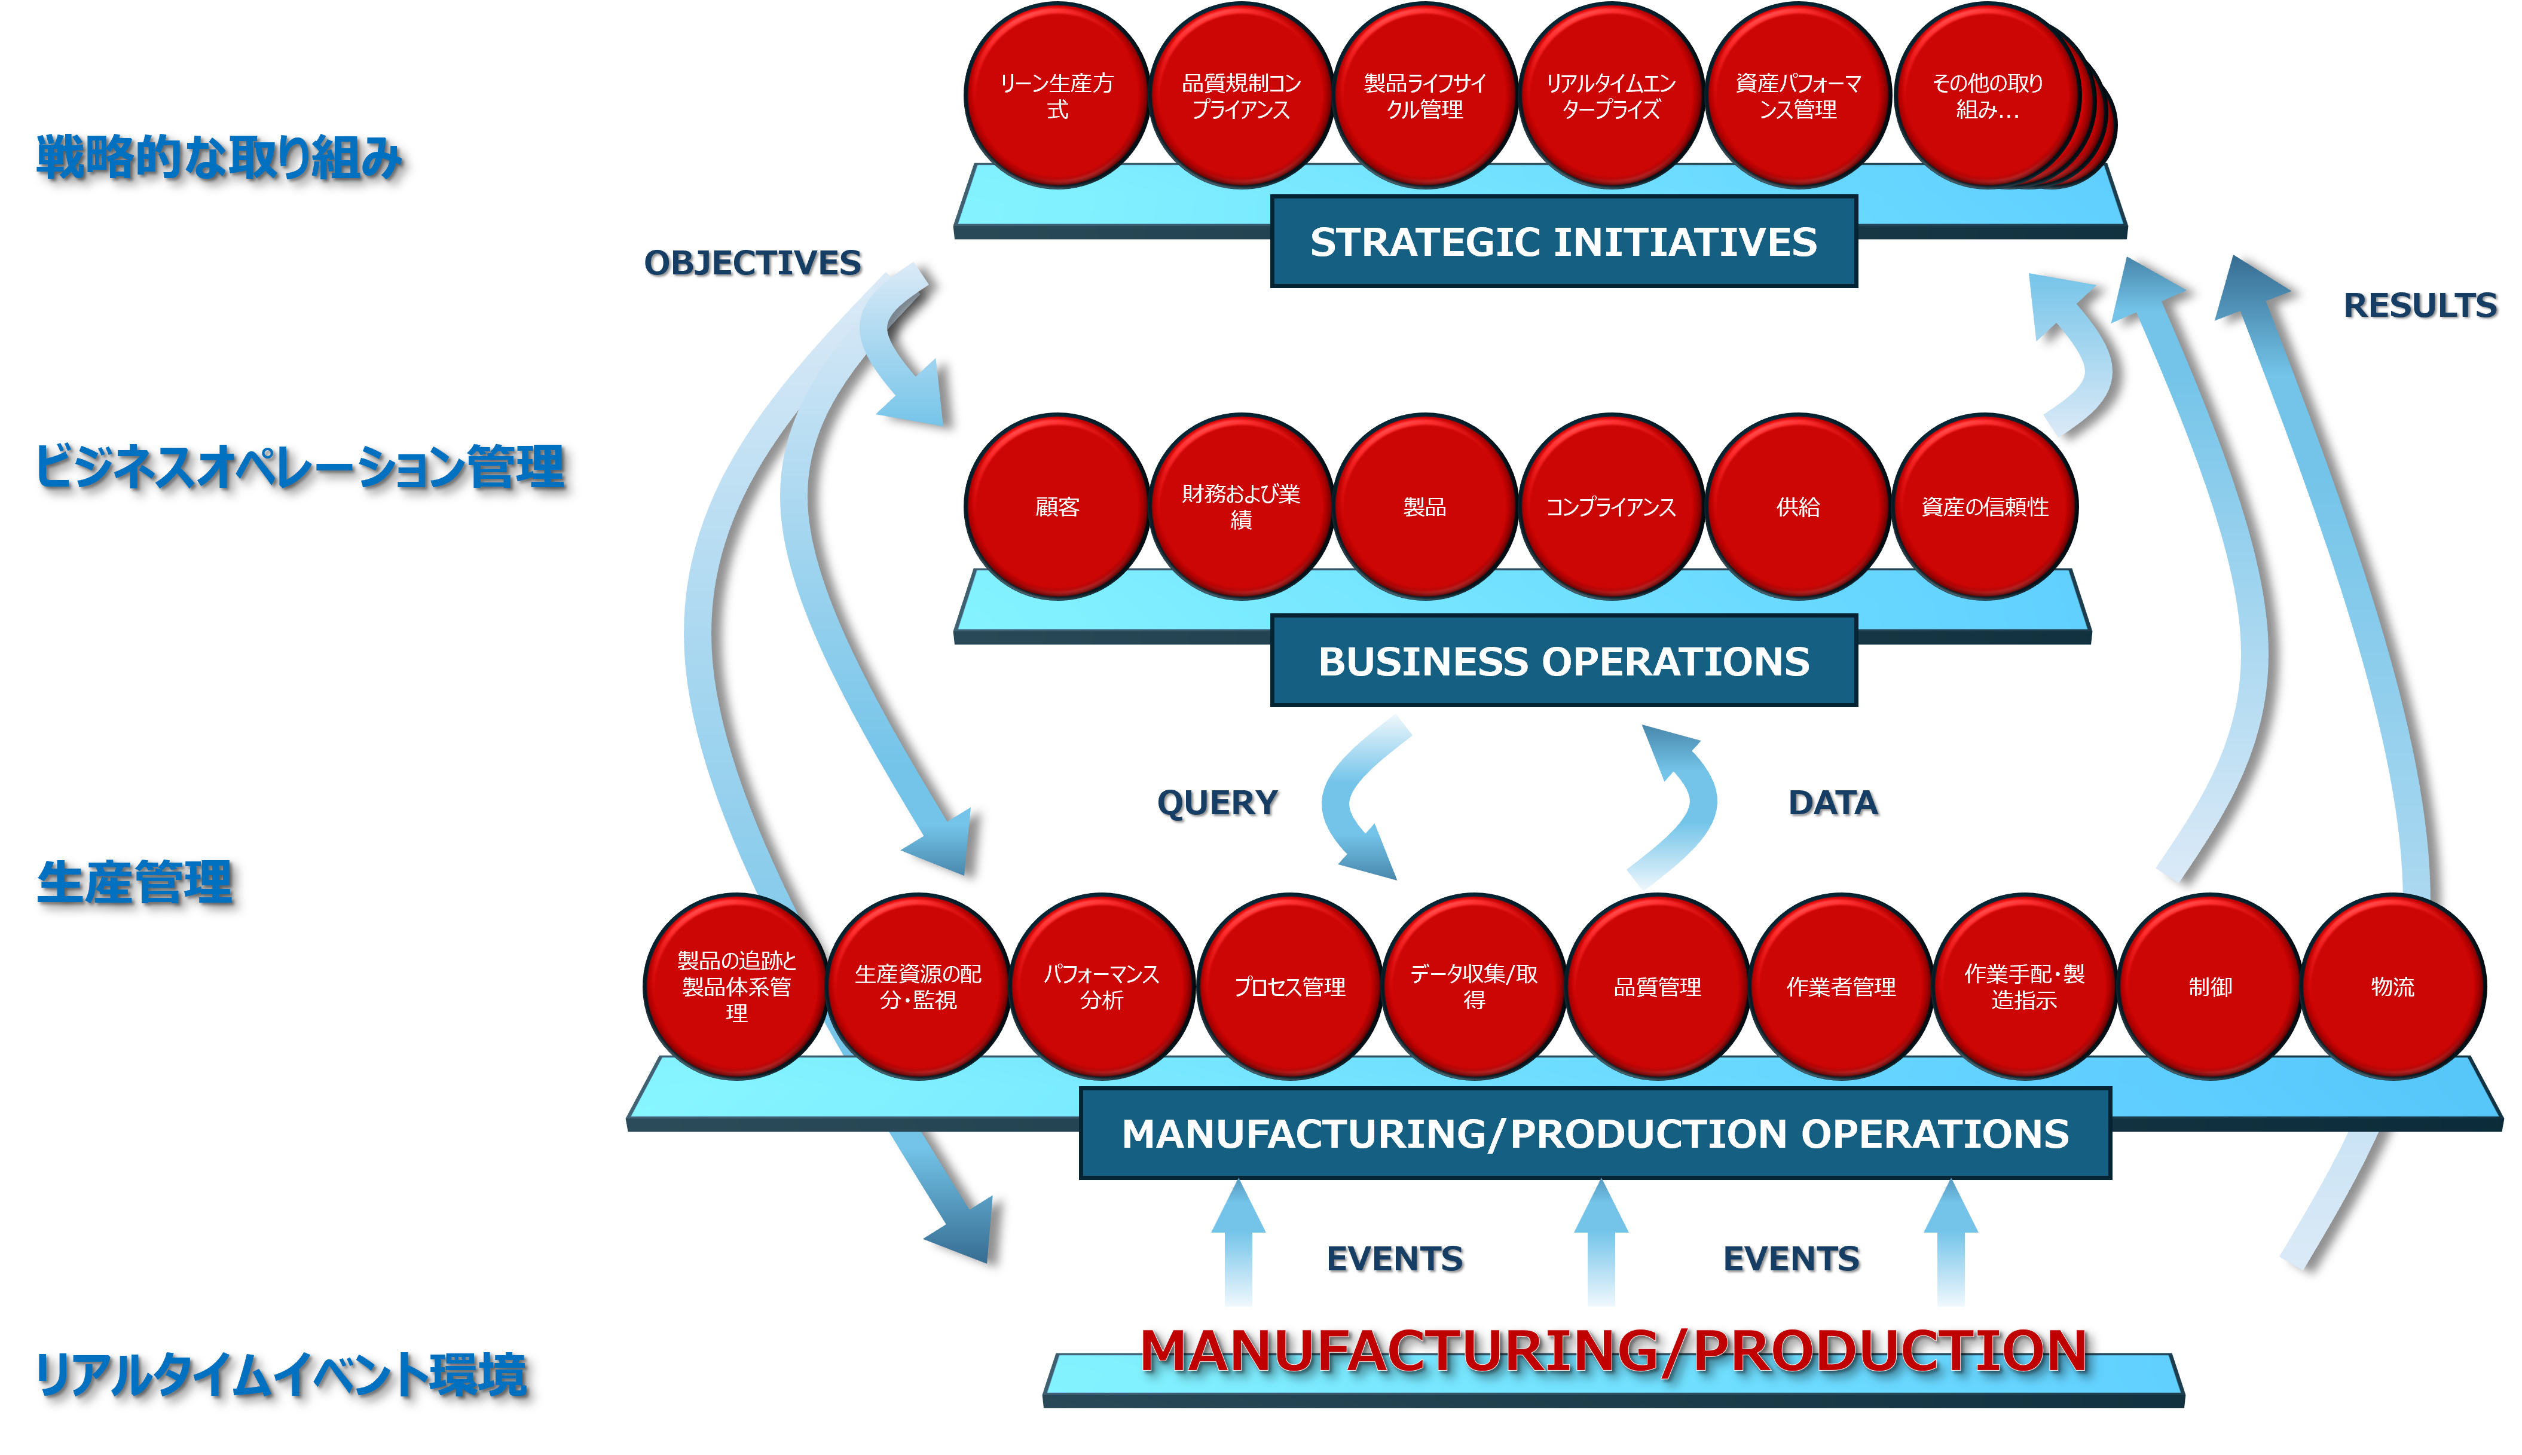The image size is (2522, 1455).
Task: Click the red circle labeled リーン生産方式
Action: [x=1057, y=95]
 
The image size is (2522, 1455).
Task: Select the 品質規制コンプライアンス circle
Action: [x=1241, y=95]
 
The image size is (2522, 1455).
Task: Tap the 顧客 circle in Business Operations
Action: [x=1057, y=507]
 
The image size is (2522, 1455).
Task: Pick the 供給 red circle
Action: [x=1798, y=507]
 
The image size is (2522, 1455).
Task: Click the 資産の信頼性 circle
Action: [x=1985, y=507]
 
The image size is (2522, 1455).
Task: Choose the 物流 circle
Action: [x=2392, y=986]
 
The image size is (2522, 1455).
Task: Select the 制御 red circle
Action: [x=2209, y=986]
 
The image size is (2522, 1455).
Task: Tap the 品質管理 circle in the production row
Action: [x=1658, y=986]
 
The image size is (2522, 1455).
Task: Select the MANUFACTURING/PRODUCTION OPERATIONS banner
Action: [x=1595, y=1134]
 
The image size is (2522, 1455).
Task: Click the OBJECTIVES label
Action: [x=753, y=263]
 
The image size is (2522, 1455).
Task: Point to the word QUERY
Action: [x=1217, y=802]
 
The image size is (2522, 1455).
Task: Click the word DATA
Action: [x=1833, y=802]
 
